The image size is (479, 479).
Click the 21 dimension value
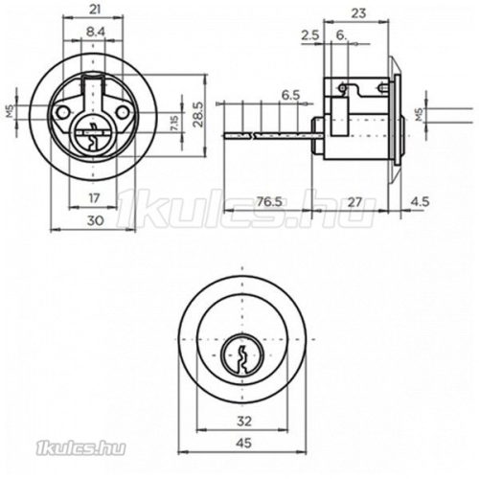(x=95, y=10)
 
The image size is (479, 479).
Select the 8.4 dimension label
(x=96, y=32)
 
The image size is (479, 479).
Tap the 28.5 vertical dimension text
(x=198, y=114)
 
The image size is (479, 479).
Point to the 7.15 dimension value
(x=175, y=124)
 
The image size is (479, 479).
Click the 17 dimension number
(x=94, y=198)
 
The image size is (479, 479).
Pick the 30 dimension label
(x=95, y=220)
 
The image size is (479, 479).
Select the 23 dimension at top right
(x=358, y=13)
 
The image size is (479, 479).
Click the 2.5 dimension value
(x=310, y=34)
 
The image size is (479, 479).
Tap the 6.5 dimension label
(x=291, y=95)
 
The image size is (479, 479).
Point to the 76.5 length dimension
(x=270, y=201)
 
